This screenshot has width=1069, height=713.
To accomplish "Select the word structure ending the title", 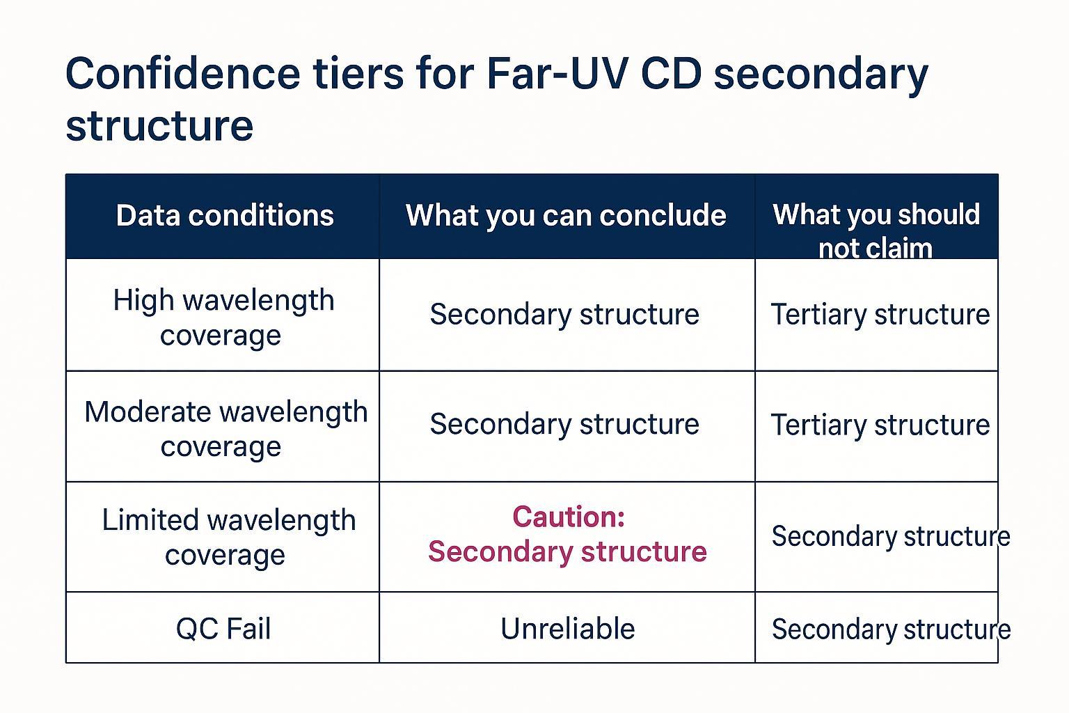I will [159, 125].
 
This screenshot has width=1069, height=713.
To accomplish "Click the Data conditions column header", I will [225, 216].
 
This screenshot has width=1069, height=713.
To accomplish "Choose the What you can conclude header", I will [566, 216].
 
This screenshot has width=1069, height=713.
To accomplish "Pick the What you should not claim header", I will [876, 230].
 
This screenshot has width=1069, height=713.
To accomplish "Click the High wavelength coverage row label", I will [223, 318].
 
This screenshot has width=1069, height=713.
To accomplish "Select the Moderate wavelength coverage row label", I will [225, 428].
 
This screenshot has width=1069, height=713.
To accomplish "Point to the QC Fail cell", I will [223, 629].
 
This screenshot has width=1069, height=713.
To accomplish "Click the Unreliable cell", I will [567, 629].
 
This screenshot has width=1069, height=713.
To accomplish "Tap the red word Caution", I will [568, 517].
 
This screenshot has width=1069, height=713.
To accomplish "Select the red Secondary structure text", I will [567, 551].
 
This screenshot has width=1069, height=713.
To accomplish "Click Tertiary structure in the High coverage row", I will [880, 315].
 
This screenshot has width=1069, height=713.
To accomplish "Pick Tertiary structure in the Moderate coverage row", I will [880, 425].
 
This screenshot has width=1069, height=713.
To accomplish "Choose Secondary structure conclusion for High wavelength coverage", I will [564, 315].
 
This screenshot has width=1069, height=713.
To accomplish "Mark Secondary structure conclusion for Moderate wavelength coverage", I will [564, 424].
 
